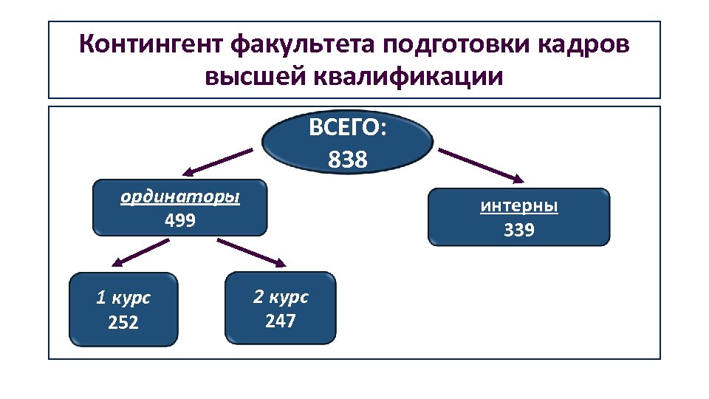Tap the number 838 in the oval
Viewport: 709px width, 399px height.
click(347, 159)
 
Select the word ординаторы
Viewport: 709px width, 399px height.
click(180, 197)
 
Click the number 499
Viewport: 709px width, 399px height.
click(180, 220)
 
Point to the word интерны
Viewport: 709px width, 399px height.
click(519, 206)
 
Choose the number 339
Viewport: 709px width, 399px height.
click(519, 231)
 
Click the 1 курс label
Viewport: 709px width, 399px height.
click(123, 299)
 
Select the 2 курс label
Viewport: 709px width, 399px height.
click(281, 297)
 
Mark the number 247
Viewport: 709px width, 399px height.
click(281, 321)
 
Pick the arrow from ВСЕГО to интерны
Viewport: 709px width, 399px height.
click(482, 165)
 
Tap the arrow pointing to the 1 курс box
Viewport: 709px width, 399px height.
click(140, 253)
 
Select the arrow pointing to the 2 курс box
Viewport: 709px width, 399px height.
click(251, 252)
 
